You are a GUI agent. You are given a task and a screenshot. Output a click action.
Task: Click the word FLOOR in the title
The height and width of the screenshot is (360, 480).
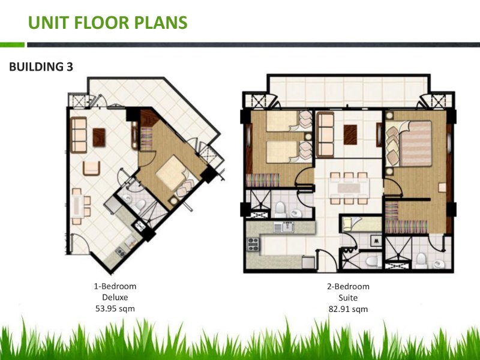103,23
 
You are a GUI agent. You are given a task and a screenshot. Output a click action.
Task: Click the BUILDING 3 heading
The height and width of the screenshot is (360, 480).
41,67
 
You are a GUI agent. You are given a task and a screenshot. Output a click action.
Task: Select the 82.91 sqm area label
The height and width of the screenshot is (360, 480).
348,309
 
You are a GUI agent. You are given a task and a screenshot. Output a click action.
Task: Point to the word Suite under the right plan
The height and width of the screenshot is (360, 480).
348,298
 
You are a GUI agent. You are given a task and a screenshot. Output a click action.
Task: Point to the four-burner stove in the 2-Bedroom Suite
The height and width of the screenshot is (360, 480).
253,244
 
